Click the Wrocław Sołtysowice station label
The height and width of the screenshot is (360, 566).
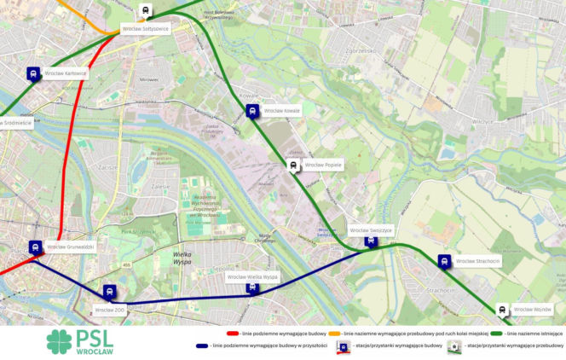click(x=145, y=28)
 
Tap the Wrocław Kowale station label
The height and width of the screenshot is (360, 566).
click(x=282, y=111)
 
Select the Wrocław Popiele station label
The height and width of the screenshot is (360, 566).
click(x=323, y=165)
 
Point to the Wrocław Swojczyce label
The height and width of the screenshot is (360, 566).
click(x=370, y=230)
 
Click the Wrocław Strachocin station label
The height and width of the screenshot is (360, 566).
click(x=477, y=261)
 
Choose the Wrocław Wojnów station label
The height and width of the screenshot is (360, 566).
click(x=533, y=309)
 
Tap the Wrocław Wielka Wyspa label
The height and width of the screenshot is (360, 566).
click(x=252, y=277)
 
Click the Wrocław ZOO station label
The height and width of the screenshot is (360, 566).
click(x=111, y=310)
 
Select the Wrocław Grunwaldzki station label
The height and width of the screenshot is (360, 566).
click(x=71, y=247)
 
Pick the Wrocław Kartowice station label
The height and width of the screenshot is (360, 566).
click(x=66, y=73)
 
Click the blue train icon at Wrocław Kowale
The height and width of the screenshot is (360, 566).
click(x=252, y=111)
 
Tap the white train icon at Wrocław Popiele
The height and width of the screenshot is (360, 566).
click(x=293, y=165)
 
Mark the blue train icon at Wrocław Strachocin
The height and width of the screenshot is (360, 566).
click(x=444, y=261)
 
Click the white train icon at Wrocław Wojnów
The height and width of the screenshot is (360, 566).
click(x=502, y=310)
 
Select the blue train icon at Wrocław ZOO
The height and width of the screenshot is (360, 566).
click(x=110, y=292)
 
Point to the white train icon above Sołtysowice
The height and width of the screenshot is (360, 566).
click(x=146, y=11)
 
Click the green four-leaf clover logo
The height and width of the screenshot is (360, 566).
click(x=61, y=341)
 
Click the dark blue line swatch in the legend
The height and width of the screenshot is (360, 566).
click(x=202, y=345)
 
